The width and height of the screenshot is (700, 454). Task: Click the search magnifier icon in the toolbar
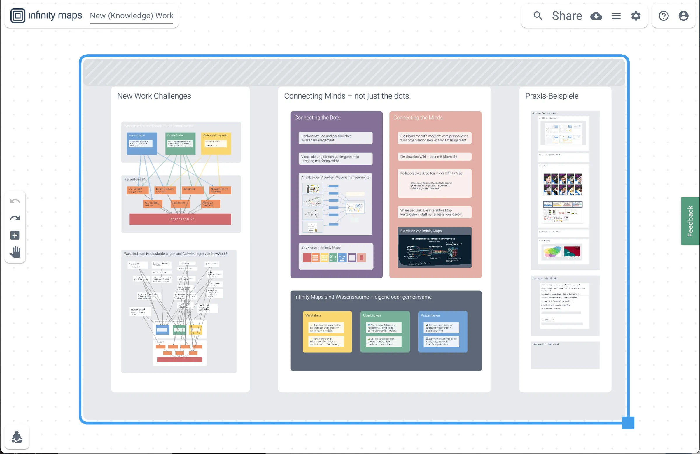point(538,15)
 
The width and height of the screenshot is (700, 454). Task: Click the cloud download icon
point(596,16)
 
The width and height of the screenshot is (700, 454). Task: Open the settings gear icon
point(636,16)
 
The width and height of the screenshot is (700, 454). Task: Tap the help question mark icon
point(664,16)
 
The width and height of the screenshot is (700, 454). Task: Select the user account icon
point(683,16)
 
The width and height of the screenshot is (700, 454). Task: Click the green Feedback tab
point(690,221)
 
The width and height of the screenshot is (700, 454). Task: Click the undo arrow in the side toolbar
point(15,201)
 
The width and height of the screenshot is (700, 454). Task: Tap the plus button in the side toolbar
point(15,235)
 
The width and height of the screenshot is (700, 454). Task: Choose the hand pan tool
point(15,252)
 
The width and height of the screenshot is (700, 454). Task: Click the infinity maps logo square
point(18,16)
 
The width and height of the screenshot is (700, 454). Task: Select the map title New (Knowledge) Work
point(131,16)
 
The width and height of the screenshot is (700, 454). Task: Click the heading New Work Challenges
point(154,96)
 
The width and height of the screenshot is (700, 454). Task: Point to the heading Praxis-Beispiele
point(552,96)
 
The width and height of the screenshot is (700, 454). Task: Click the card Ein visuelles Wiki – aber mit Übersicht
point(434,157)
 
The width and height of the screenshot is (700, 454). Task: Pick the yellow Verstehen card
point(327,331)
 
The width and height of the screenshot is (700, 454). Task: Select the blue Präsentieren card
point(442,331)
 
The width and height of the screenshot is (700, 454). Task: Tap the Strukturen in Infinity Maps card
point(336,256)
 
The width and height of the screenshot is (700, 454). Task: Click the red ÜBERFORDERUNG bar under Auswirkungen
point(180,219)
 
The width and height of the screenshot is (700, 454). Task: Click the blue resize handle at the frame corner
point(628,423)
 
